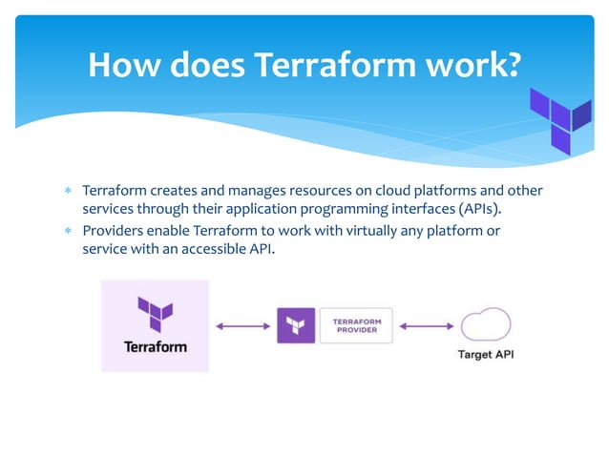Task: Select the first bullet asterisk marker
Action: [68, 191]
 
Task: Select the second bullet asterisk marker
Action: [68, 232]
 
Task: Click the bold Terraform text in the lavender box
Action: [155, 346]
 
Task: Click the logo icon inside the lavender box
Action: [155, 313]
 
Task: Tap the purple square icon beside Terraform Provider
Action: [295, 326]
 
